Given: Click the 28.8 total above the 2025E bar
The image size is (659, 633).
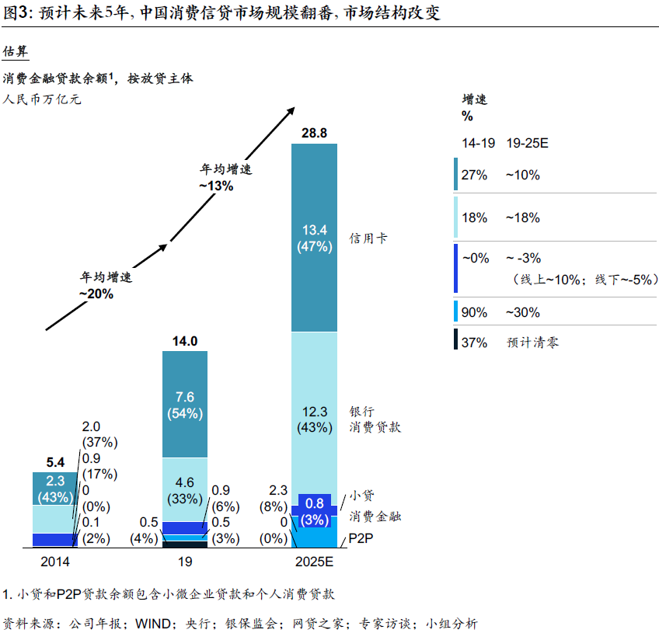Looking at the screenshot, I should [314, 133].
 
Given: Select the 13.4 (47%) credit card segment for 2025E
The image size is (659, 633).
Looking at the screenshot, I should [314, 238].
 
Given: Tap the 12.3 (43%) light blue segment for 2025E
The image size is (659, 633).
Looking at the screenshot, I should [314, 419].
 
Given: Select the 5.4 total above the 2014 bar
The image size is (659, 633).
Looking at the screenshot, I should [54, 462].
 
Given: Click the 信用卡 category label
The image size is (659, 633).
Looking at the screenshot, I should [368, 238].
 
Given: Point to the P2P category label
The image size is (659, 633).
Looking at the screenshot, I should [363, 538].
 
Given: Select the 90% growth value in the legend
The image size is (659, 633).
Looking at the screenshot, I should [474, 312].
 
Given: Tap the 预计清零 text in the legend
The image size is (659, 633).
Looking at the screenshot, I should [532, 342].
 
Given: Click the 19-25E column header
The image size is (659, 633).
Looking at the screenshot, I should [528, 144].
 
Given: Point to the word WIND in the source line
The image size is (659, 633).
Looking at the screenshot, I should [152, 622].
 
